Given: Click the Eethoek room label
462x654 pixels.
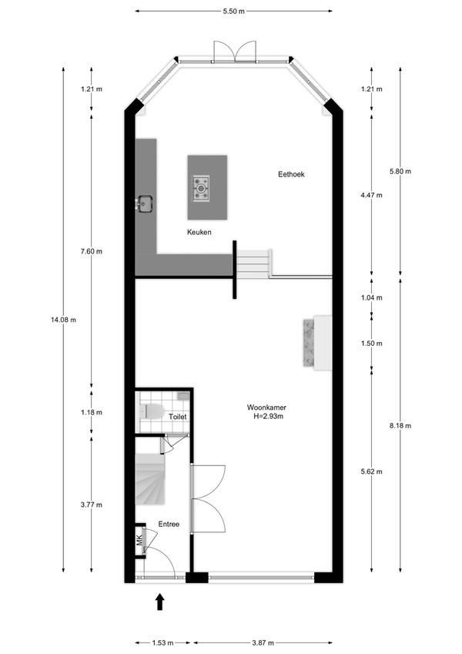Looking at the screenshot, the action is coord(291,174).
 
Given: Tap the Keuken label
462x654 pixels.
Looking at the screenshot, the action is coord(199,233).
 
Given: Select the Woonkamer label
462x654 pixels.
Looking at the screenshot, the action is coord(266,407).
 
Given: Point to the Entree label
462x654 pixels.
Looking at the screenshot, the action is coord(169,525).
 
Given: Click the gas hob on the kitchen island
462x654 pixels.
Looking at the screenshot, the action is coord(201,189).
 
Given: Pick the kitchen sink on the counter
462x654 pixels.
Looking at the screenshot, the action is coord(145,203).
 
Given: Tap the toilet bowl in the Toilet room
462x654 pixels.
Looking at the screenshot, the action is coord(152,411).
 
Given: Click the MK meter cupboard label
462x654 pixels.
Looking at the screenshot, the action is coord(139,540).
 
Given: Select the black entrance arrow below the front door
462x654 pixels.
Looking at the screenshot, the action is coord(160,602).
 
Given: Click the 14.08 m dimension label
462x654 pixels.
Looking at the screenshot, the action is coord(63,320).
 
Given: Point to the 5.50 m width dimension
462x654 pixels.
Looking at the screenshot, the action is coord(233,12).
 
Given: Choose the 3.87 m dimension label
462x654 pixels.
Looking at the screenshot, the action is coord(263,642).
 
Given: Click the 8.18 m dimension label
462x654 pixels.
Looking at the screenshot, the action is coord(400,426).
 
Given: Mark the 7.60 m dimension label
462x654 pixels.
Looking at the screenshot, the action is coord(92,251).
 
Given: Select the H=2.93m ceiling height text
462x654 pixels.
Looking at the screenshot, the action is coord(269,416).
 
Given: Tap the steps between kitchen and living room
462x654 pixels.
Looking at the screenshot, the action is coord(253,263).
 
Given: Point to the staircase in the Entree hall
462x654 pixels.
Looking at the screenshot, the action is coord(150,479).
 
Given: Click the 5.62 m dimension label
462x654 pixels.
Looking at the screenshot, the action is coord(371,471).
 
